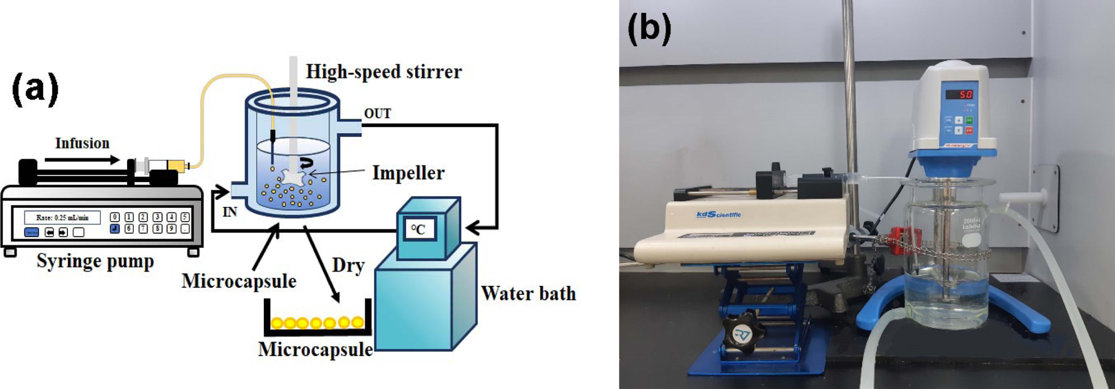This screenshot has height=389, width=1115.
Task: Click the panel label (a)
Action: click(35, 90)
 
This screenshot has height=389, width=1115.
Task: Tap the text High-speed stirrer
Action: click(384, 72)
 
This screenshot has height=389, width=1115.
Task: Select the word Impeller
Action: click(408, 173)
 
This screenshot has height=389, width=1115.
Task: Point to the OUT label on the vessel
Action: click(378, 114)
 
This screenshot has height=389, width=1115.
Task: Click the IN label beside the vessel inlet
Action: click(230, 212)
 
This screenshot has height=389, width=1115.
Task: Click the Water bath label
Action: click(528, 293)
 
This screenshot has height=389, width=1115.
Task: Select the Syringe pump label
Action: click(95, 261)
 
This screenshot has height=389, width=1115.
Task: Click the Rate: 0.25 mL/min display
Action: click(63, 218)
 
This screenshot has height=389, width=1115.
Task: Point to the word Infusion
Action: click(82, 143)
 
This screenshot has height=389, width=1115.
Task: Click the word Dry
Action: click(348, 266)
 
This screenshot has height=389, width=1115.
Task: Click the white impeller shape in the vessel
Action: click(295, 178)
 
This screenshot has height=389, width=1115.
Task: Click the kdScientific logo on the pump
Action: click(718, 214)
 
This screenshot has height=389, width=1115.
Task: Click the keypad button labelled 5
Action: click(185, 217)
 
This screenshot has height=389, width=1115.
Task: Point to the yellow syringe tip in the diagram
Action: click(177, 165)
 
